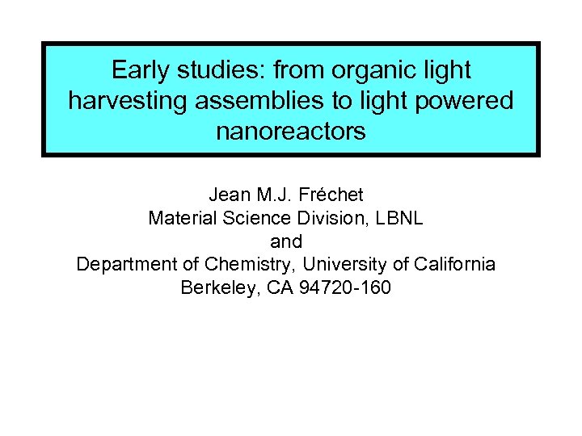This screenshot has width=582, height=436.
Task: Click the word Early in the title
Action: pos(138,70)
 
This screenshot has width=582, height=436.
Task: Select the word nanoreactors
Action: pos(290,131)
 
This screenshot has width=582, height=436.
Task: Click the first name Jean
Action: pos(229,195)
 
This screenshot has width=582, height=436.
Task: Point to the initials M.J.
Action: pos(276,195)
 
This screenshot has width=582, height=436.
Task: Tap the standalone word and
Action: pos(286,241)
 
